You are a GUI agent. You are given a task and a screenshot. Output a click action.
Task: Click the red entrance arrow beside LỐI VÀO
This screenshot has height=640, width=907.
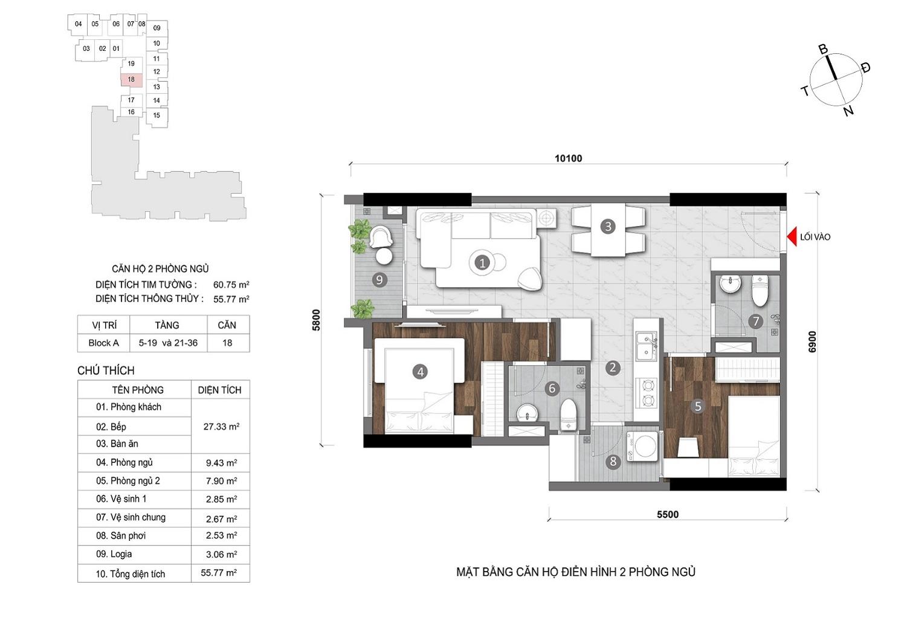[792, 236]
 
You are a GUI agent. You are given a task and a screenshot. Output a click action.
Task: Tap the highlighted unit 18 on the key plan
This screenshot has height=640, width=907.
[132, 79]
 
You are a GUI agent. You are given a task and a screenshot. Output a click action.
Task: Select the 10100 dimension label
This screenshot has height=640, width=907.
[568, 158]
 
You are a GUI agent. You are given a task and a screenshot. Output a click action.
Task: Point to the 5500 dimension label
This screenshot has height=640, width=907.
[668, 514]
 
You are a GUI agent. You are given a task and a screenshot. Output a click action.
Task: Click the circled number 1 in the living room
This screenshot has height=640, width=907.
[482, 263]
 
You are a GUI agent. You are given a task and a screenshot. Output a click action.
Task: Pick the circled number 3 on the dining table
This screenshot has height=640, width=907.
[608, 227]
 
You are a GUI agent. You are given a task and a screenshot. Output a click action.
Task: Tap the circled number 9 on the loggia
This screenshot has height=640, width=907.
[379, 280]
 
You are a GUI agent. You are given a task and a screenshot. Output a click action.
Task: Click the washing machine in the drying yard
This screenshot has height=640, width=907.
[642, 446]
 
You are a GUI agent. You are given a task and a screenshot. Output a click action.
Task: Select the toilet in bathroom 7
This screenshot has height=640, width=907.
[760, 291]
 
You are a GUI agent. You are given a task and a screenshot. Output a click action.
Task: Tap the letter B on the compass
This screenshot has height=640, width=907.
[823, 50]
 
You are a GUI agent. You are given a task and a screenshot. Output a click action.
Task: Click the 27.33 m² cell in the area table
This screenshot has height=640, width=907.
[221, 427]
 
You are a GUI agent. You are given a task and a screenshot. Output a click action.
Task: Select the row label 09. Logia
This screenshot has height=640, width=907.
[114, 554]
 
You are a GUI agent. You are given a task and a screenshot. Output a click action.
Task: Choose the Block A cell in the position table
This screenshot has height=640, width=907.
[104, 343]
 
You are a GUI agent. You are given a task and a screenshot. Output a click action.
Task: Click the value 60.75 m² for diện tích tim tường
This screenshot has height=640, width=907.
[231, 285]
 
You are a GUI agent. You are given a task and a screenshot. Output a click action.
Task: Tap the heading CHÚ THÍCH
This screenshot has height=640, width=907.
[106, 370]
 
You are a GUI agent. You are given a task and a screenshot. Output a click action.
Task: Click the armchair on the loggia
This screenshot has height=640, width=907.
[381, 236]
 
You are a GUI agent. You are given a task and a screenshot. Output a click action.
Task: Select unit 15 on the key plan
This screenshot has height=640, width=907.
[157, 115]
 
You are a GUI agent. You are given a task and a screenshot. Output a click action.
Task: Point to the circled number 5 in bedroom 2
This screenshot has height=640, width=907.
[698, 406]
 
